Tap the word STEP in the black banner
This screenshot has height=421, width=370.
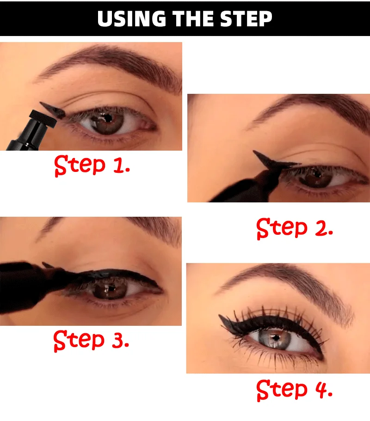(246, 18)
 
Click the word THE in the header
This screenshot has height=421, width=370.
(193, 18)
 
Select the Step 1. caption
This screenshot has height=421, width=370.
(92, 165)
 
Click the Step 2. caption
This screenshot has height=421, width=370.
(295, 228)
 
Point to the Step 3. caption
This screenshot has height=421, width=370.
(92, 341)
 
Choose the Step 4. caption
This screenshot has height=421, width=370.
(295, 390)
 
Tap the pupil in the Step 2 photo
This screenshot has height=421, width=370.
(318, 175)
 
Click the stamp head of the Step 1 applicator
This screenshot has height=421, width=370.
(43, 118)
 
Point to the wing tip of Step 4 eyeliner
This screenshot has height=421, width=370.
(220, 316)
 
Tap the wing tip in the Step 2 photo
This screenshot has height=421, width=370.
(254, 152)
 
